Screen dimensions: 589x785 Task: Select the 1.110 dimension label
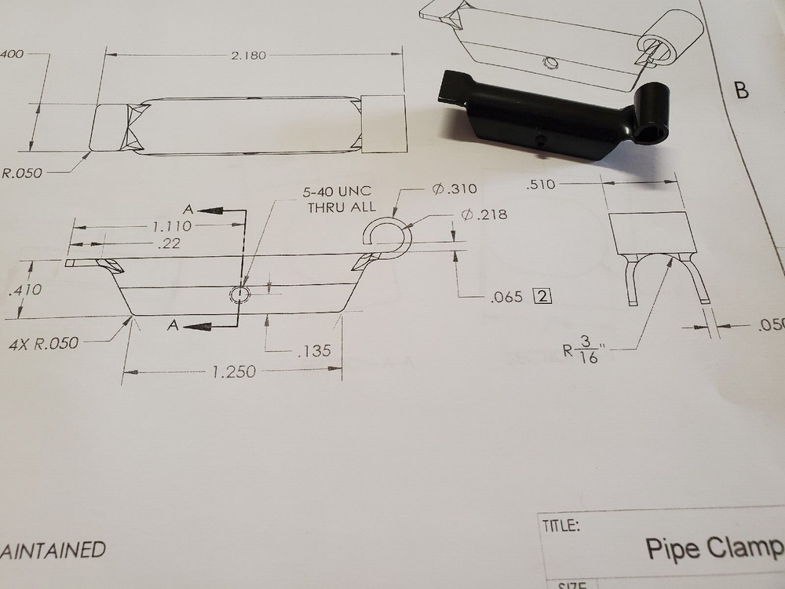pyautogui.click(x=171, y=225)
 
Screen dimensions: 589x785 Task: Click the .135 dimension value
pyautogui.click(x=315, y=351)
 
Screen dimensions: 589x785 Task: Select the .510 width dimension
pyautogui.click(x=542, y=185)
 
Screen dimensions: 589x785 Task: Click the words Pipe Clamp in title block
pyautogui.click(x=713, y=547)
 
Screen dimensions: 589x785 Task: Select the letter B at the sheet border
pyautogui.click(x=742, y=90)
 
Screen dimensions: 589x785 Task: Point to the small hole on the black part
pyautogui.click(x=542, y=140)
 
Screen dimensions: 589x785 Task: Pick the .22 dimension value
pyautogui.click(x=167, y=244)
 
